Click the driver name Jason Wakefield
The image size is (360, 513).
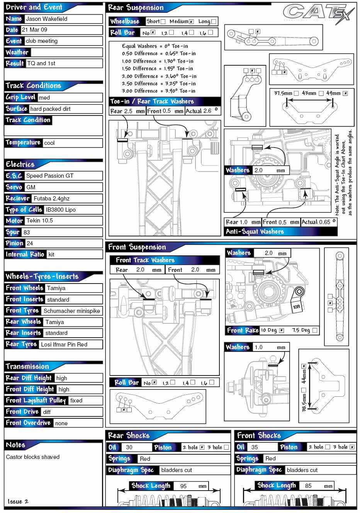click(46, 19)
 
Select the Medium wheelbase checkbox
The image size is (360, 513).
click(191, 22)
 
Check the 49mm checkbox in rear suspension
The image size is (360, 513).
click(345, 93)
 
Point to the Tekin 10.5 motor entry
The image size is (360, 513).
click(39, 221)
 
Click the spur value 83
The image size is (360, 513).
click(27, 232)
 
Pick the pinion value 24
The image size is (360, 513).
click(30, 243)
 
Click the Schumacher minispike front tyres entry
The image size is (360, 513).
click(71, 311)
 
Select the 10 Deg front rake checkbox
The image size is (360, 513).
click(282, 330)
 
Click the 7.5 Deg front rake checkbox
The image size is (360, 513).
click(315, 330)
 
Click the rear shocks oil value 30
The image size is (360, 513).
click(129, 447)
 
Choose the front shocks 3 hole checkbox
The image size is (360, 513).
click(352, 447)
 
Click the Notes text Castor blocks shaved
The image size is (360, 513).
click(33, 457)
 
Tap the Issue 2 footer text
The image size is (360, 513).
click(18, 501)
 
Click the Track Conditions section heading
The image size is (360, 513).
click(33, 86)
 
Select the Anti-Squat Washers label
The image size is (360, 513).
click(255, 232)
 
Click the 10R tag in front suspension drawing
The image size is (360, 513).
click(296, 307)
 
